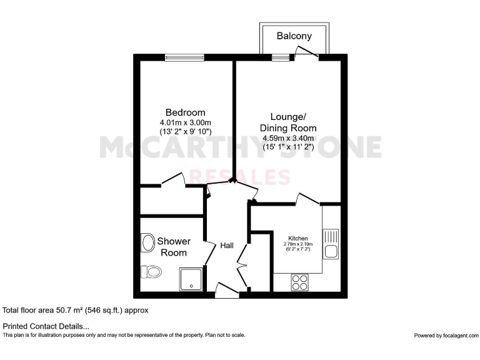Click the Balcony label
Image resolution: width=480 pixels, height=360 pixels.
[x=294, y=36]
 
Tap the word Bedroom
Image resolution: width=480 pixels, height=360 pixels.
[x=181, y=112]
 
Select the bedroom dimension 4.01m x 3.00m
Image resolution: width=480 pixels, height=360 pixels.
[x=186, y=122]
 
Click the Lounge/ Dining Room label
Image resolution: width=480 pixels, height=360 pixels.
[x=288, y=122]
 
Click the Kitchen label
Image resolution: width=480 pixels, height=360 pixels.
[x=297, y=238]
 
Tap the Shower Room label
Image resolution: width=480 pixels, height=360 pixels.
[x=174, y=247]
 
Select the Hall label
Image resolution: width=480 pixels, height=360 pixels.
[x=227, y=246]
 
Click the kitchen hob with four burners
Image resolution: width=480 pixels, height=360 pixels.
[x=299, y=282]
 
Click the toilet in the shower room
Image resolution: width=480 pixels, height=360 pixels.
[x=151, y=271]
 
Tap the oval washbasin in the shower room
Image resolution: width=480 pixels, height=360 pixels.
[x=148, y=242]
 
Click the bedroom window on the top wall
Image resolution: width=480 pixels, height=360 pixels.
[x=185, y=58]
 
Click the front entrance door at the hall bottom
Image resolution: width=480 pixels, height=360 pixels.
[x=225, y=287]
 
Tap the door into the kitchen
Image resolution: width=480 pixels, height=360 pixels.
[x=307, y=199]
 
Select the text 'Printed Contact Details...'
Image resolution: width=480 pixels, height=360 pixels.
[x=46, y=326]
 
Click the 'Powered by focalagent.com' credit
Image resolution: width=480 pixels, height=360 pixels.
[x=446, y=336]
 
